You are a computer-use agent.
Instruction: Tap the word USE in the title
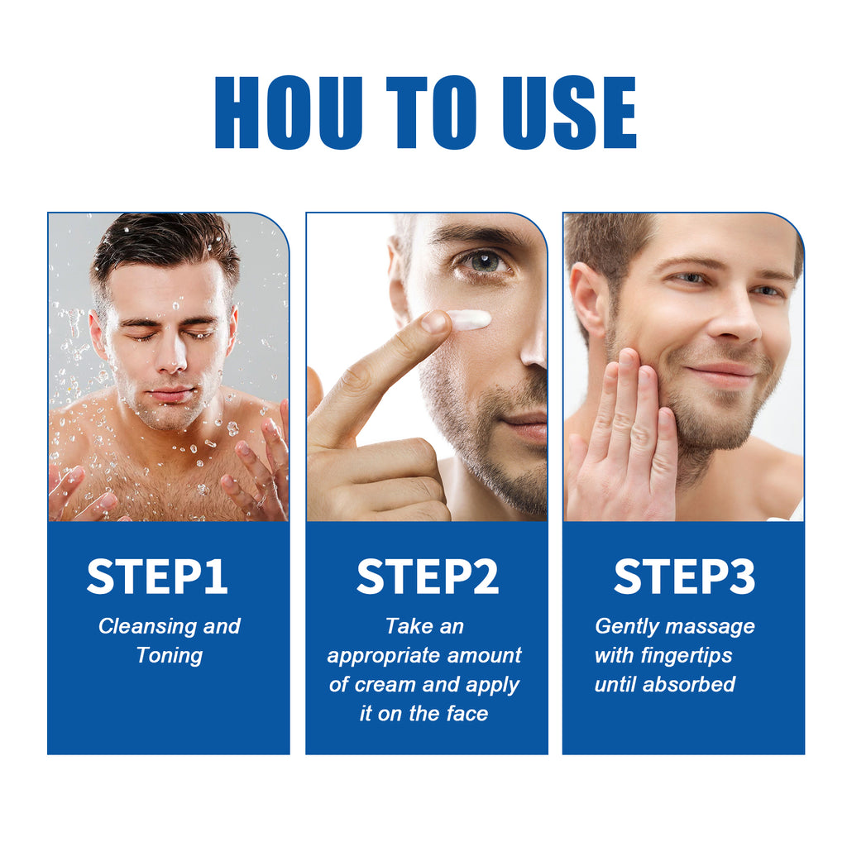pos(570,113)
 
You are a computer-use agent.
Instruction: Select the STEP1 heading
pos(157,577)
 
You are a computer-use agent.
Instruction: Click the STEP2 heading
pos(428,577)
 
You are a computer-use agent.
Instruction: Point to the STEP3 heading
pos(684,577)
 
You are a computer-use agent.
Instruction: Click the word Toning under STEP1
pos(170,656)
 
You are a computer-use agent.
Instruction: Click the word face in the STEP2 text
pos(468,714)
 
